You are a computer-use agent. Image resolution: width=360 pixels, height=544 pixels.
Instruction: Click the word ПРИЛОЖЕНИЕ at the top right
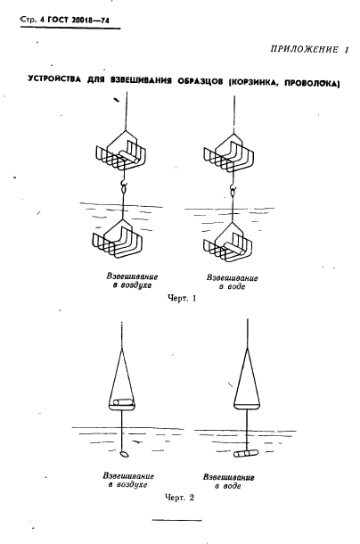click(304, 49)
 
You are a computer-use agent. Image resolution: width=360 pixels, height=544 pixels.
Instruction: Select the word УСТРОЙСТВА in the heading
click(54, 79)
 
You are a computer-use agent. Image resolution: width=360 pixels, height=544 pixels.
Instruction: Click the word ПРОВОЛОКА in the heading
click(311, 84)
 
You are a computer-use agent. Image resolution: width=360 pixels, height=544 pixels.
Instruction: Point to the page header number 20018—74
click(91, 21)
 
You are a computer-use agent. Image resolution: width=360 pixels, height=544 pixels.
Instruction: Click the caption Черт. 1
click(182, 299)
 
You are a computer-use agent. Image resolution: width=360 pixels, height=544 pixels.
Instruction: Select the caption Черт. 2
click(179, 498)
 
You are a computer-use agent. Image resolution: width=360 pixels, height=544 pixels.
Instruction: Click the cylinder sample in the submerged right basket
click(235, 247)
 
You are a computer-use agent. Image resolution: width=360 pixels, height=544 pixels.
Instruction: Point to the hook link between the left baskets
click(123, 187)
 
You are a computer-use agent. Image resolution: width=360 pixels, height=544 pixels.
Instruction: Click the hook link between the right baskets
click(232, 190)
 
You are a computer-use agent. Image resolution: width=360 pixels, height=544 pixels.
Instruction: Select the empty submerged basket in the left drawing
click(118, 239)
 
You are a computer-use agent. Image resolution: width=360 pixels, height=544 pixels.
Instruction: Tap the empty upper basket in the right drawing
click(229, 152)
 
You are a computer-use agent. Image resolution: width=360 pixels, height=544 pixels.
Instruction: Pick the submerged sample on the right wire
click(246, 453)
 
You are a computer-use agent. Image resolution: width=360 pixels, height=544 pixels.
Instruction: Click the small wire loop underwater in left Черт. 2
click(124, 454)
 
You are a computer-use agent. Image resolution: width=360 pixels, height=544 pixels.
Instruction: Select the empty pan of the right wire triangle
click(247, 405)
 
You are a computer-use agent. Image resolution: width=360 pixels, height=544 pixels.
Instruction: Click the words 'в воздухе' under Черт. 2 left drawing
click(127, 485)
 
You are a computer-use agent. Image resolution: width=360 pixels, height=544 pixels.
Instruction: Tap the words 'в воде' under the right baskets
click(232, 287)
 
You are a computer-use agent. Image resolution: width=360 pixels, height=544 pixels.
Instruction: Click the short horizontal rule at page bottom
click(176, 520)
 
